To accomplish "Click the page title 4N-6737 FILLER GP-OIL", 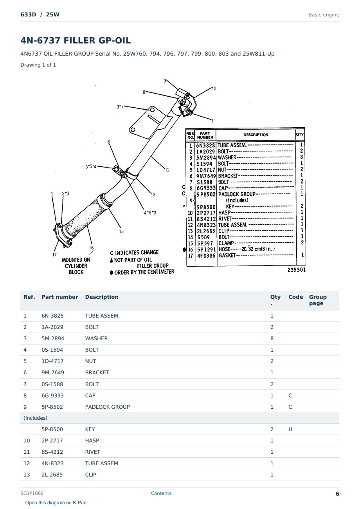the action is [x=76, y=40].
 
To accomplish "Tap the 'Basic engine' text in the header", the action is [x=324, y=15].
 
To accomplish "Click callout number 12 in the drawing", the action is [x=167, y=170].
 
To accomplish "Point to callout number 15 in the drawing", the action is [x=121, y=231].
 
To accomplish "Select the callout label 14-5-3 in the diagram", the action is [x=149, y=213].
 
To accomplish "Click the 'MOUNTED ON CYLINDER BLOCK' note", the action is [x=76, y=266].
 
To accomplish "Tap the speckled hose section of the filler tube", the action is [x=86, y=218].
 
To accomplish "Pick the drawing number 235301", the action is [x=297, y=270].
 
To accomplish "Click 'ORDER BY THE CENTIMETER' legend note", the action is [x=142, y=272].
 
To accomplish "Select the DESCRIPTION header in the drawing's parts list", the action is [x=256, y=135].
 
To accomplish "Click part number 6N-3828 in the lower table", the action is [x=52, y=316].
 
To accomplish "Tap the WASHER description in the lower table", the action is [x=96, y=338].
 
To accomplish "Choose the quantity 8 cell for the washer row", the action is [x=272, y=338].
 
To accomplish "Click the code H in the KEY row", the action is [x=290, y=429].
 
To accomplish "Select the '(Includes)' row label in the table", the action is [x=36, y=418].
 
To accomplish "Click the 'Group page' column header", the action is [x=318, y=300].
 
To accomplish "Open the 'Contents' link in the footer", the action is [x=161, y=493].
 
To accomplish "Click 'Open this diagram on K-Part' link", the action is [x=56, y=503].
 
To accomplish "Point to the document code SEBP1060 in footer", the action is [x=32, y=493].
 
